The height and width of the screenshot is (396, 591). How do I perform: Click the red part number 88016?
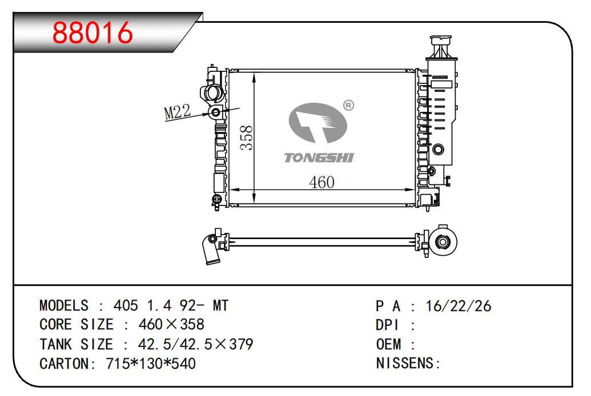click(x=93, y=33)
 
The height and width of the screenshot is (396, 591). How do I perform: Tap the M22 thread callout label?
click(x=177, y=112)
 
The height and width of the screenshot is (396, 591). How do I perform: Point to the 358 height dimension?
click(x=246, y=138)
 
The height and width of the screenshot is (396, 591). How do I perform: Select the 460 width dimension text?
click(x=321, y=182)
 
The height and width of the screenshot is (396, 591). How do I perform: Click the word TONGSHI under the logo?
click(x=319, y=157)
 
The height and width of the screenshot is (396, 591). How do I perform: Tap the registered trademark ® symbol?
click(x=348, y=105)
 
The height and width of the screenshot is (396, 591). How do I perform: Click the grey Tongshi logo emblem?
click(x=317, y=123)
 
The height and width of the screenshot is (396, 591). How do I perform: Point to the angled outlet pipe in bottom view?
click(x=210, y=251)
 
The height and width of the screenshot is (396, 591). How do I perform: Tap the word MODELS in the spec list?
click(x=64, y=306)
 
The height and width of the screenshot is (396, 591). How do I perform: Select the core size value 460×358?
click(x=171, y=325)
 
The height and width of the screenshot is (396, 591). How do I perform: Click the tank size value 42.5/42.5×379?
click(x=196, y=345)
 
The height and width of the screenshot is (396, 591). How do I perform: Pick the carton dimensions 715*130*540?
click(x=151, y=363)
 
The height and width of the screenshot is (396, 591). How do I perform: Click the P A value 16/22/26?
click(x=459, y=306)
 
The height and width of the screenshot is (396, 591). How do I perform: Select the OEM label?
click(x=388, y=345)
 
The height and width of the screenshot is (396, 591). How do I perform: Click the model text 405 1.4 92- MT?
click(x=171, y=306)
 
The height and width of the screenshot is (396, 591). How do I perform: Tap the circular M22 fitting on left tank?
click(x=216, y=112)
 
